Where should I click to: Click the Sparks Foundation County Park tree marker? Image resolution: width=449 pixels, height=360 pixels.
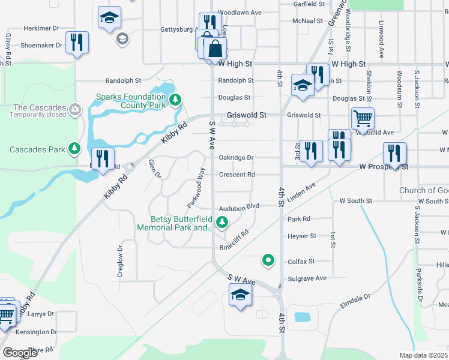tap(175, 100)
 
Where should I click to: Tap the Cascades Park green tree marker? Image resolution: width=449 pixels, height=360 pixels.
tap(74, 148)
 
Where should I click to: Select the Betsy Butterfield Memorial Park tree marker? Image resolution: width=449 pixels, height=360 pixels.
tap(222, 223)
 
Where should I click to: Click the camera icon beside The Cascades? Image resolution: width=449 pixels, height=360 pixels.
tap(74, 109)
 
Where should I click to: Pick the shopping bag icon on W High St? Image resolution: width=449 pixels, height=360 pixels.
tap(215, 49)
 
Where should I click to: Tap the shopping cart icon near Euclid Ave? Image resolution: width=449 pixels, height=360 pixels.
tap(363, 118)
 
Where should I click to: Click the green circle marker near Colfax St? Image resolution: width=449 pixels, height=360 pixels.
tap(268, 260)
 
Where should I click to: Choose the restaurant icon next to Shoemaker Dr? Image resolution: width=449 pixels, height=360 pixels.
tap(77, 42)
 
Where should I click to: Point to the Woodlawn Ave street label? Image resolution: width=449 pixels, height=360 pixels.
tap(240, 12)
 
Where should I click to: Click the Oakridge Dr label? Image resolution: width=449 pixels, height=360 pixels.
tap(236, 157)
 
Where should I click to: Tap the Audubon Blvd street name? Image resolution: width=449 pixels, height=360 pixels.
tap(238, 206)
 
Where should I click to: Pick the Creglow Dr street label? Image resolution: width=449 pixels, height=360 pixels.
tap(119, 260)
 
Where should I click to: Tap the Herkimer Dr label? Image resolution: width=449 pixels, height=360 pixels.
tap(41, 28)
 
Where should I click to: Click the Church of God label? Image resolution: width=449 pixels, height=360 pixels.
tap(423, 190)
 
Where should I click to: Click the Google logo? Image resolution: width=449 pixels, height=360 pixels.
tap(20, 353)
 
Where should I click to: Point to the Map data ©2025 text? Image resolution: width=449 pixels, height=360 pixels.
tap(423, 355)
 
